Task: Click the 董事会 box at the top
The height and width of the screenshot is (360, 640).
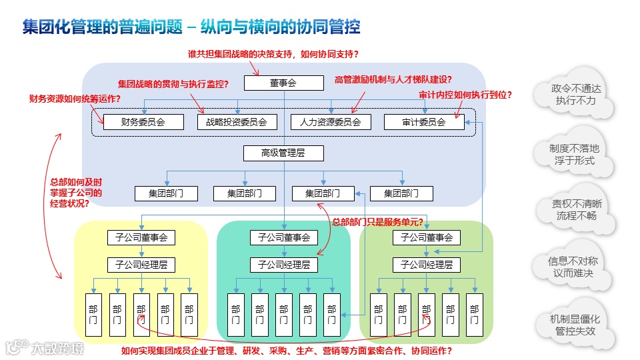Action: (x=283, y=83)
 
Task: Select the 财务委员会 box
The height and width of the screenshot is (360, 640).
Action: (x=143, y=122)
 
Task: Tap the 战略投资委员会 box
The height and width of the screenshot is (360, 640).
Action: (x=237, y=122)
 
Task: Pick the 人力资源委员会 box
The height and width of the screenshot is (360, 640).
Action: (x=330, y=122)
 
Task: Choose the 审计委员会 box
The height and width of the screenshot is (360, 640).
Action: (x=423, y=122)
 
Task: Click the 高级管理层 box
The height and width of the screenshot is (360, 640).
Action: (x=283, y=153)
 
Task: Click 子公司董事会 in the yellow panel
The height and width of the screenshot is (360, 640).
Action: (x=141, y=237)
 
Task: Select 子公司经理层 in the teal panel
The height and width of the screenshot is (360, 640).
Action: (x=284, y=265)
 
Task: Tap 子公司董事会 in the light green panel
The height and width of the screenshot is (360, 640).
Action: (x=427, y=237)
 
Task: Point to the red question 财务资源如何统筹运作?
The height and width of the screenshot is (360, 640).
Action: (x=75, y=99)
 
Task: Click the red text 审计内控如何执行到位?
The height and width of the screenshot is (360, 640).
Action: (x=465, y=95)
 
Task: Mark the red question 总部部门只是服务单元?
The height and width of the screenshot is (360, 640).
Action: (x=377, y=222)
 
